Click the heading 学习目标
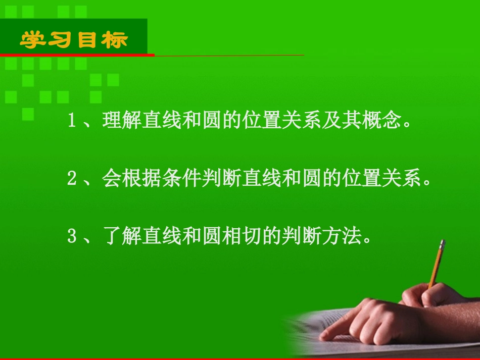click(74, 39)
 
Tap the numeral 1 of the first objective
click(71, 122)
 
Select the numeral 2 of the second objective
click(71, 179)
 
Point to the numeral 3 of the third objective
click(71, 237)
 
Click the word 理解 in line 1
click(121, 122)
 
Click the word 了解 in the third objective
click(121, 237)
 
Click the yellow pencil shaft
click(436, 268)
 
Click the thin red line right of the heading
click(227, 55)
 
